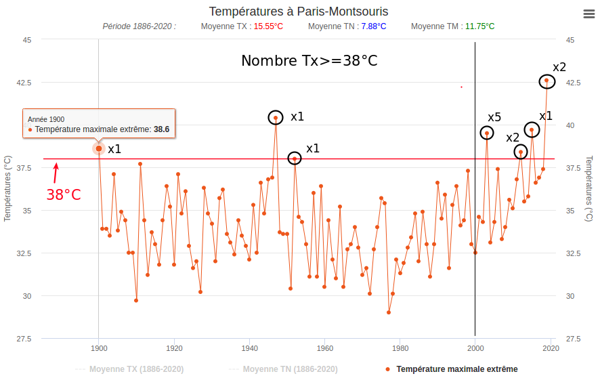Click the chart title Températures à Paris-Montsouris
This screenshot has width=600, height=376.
[x=299, y=12]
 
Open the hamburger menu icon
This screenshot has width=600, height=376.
[x=588, y=14]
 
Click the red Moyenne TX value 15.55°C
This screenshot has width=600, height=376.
[x=268, y=26]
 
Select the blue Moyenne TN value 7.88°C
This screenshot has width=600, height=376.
[x=372, y=26]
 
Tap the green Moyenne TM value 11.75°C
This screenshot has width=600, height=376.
[x=479, y=26]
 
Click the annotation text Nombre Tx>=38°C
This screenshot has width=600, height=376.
[x=309, y=61]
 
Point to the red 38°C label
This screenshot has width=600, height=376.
[x=64, y=195]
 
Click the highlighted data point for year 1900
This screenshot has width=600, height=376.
[x=99, y=148]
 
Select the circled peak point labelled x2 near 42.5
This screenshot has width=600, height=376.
[x=547, y=81]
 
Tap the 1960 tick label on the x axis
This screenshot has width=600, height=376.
[x=324, y=348]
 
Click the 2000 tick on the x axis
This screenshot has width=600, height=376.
[x=475, y=348]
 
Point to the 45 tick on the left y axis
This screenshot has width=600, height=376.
[x=26, y=40]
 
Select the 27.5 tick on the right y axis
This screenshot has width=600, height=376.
[x=574, y=339]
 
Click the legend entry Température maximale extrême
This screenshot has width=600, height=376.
[x=456, y=369]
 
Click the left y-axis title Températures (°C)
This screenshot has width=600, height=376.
[x=7, y=189]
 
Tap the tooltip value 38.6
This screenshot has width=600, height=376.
[x=161, y=129]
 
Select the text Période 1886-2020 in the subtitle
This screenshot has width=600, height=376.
[x=139, y=26]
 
